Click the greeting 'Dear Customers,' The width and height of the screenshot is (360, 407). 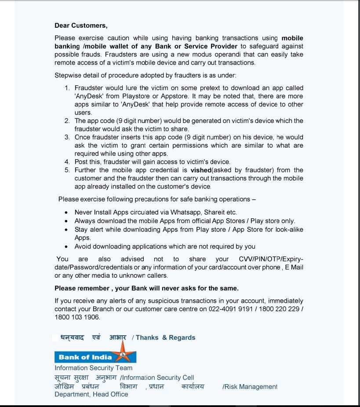coord(81,26)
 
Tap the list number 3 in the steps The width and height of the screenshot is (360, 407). coord(67,137)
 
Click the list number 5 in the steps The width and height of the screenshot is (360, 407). coord(67,170)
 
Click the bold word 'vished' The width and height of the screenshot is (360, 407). coord(200,170)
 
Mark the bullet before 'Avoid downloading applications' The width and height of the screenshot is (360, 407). coord(66,247)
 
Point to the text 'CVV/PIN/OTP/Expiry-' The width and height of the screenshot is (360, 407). coord(271,259)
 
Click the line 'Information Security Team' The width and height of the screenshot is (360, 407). coord(93,368)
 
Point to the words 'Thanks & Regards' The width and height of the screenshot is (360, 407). coord(165,337)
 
